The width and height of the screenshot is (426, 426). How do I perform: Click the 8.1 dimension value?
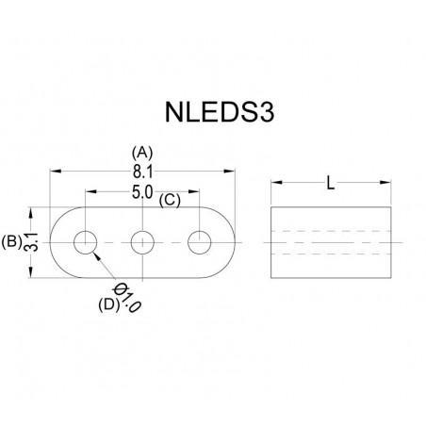142,170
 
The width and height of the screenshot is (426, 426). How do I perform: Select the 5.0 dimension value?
143,192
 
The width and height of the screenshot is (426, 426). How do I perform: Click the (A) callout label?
143,151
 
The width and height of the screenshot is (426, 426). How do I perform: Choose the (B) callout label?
12,241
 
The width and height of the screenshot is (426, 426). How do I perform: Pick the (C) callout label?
171,201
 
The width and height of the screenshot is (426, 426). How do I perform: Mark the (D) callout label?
109,303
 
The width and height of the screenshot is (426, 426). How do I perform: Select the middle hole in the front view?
142,242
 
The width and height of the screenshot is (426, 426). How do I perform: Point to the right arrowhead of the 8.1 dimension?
231,171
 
